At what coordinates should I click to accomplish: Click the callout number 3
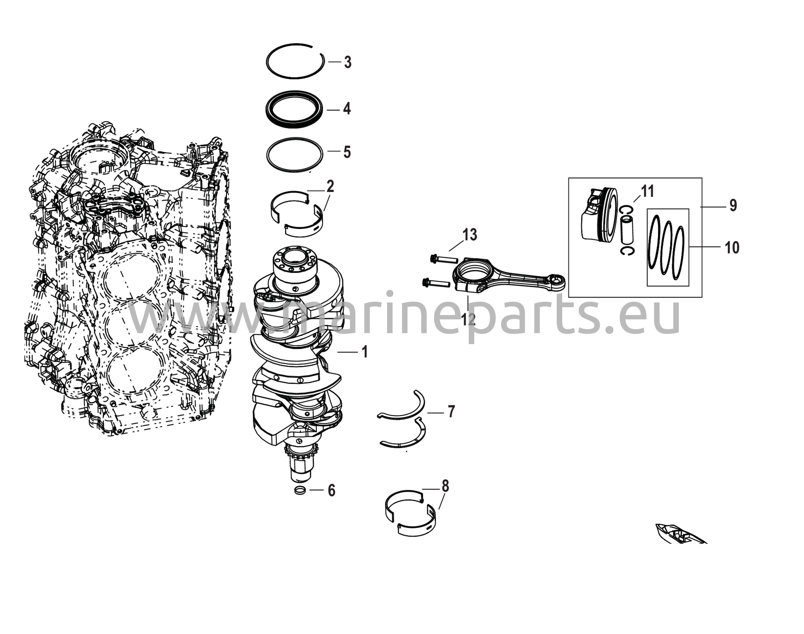347,62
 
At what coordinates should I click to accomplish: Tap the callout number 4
347,109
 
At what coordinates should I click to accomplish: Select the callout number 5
347,152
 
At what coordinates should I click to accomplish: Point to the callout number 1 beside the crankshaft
365,352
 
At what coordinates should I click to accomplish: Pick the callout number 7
451,412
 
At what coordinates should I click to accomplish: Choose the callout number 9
733,205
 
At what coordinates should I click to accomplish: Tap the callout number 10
732,248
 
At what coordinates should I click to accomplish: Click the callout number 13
470,235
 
